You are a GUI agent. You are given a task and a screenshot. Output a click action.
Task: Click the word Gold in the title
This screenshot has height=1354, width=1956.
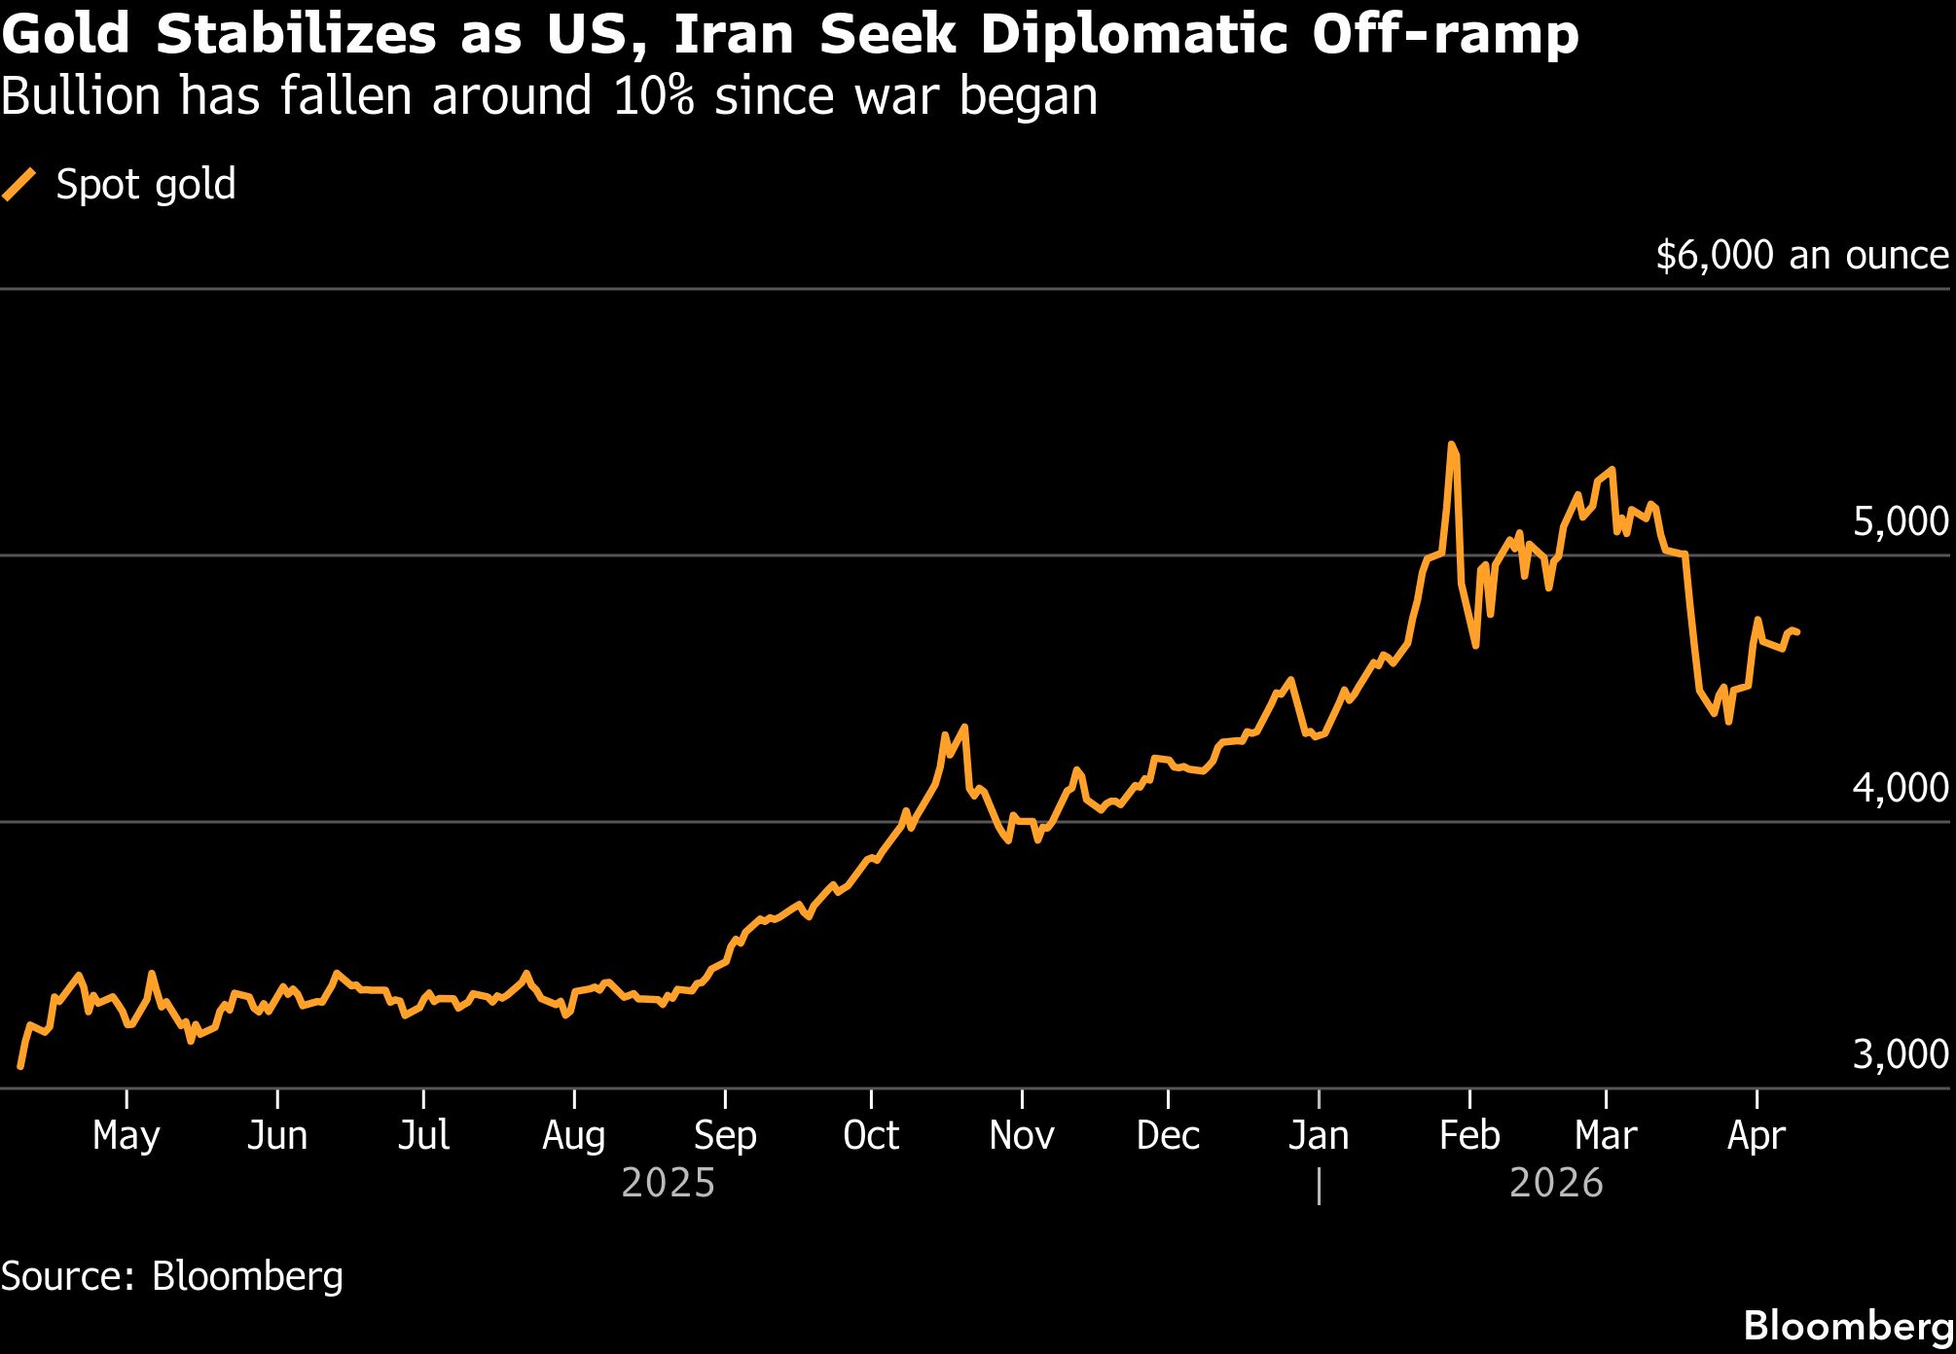66,35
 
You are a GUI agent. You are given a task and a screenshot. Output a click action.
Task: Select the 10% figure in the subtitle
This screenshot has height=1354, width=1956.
654,96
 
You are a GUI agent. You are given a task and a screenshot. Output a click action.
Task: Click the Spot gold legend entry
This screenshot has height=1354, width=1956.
145,185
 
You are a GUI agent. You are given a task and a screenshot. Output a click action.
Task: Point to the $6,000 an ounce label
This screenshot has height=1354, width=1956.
1801,255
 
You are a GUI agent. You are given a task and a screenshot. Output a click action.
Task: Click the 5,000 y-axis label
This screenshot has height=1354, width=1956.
1900,522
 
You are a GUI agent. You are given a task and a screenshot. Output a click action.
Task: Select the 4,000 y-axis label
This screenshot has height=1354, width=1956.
1900,788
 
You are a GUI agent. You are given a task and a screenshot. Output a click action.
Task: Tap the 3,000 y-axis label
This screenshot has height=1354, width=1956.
1900,1054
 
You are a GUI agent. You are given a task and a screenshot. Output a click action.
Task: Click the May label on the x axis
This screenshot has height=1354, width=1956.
127,1135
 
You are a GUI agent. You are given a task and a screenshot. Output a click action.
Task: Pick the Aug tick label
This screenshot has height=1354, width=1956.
574,1135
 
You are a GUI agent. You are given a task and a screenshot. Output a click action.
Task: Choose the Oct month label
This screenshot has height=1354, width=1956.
871,1135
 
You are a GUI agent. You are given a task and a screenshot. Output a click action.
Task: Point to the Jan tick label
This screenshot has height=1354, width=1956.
1319,1135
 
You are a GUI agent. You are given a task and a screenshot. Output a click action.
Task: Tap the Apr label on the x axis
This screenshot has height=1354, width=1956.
1757,1135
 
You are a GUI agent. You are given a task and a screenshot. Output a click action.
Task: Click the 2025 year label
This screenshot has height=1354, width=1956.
668,1184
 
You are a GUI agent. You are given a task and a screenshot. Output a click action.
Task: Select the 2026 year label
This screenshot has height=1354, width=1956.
1556,1184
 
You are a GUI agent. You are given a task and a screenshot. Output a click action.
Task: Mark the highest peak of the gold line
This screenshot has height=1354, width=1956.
1451,445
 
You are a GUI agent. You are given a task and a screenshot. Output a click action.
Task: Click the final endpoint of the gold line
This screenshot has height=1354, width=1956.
1796,632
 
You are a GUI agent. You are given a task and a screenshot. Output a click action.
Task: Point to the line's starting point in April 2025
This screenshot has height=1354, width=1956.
20,1067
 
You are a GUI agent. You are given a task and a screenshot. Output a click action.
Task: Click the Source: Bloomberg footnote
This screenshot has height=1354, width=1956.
172,1276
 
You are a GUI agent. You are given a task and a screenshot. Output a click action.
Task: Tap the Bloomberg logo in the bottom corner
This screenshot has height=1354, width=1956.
1848,1326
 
